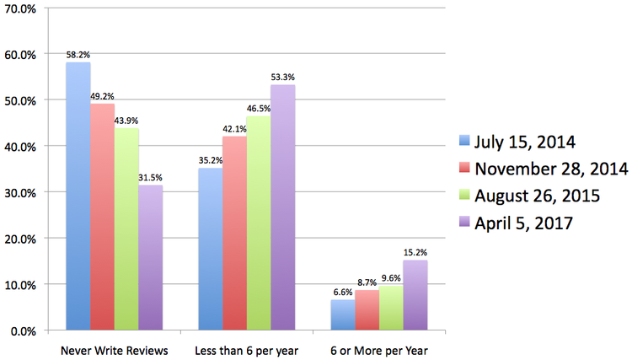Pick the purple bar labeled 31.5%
click(150, 258)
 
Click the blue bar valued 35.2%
click(210, 250)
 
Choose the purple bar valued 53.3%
click(282, 207)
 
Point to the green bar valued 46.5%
click(259, 223)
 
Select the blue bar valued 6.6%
click(342, 314)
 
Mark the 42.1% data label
click(233, 129)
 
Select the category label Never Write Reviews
click(115, 348)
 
